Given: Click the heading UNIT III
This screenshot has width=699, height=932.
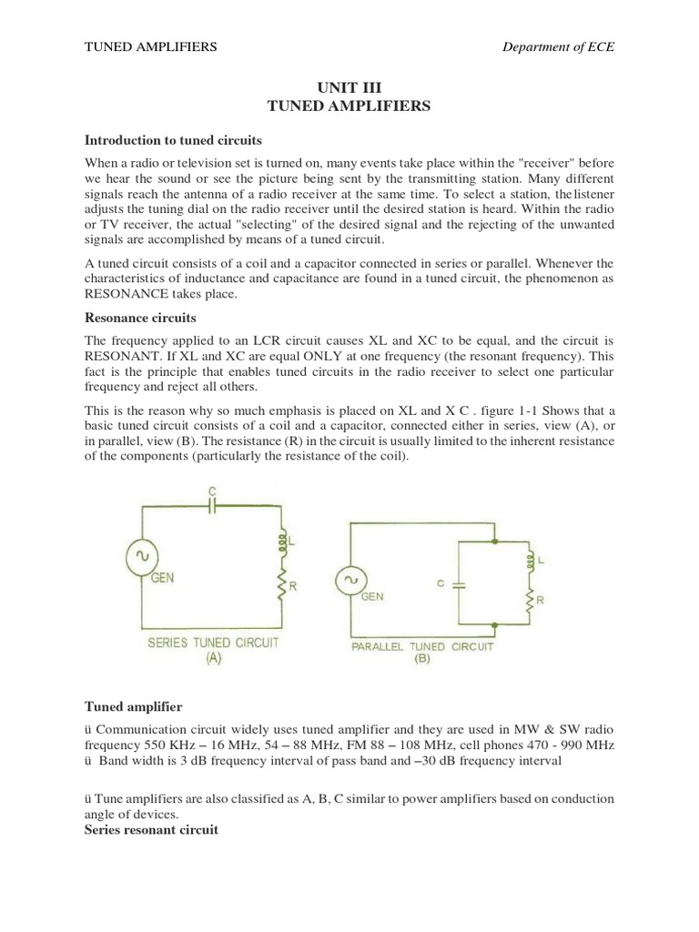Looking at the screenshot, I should click(x=349, y=87).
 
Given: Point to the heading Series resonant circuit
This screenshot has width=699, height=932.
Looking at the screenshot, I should click(x=151, y=831).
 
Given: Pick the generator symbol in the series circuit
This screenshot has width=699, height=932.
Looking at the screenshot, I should click(x=143, y=554).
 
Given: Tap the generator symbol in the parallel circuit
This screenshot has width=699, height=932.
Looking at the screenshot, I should click(x=349, y=580).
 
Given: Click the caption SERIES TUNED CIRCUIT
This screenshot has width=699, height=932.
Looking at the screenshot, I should click(x=212, y=643).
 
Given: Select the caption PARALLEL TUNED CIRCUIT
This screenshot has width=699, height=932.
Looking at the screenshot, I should click(x=421, y=647).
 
